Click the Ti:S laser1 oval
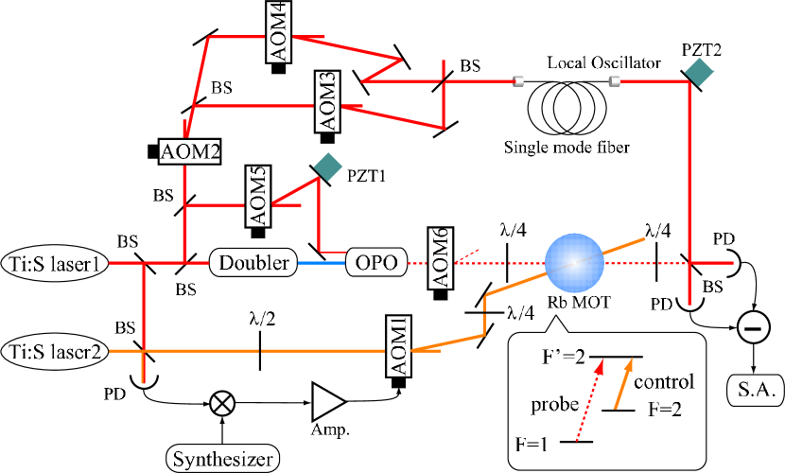55,263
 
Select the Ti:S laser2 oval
55,351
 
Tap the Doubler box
253,263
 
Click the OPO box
375,262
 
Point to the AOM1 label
399,346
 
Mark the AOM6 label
440,258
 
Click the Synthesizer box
223,460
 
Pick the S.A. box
755,389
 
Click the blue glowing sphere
574,262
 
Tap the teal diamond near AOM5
327,166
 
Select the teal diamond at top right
699,73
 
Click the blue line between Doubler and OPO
321,263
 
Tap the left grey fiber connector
517,81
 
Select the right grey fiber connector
614,81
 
